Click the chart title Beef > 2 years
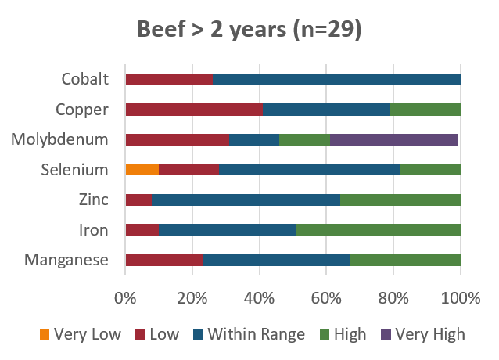(249, 31)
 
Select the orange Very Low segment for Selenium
(142, 170)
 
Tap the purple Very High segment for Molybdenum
(393, 140)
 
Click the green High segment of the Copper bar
(425, 110)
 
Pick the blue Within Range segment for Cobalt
(336, 79)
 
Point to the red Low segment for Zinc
(138, 200)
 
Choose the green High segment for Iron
(379, 230)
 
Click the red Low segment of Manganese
(163, 260)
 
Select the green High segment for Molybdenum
(304, 140)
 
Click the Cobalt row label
(84, 79)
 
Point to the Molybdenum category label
(59, 140)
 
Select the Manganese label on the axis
(66, 260)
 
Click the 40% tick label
(259, 298)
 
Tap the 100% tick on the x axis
(460, 298)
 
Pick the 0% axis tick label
(125, 298)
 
